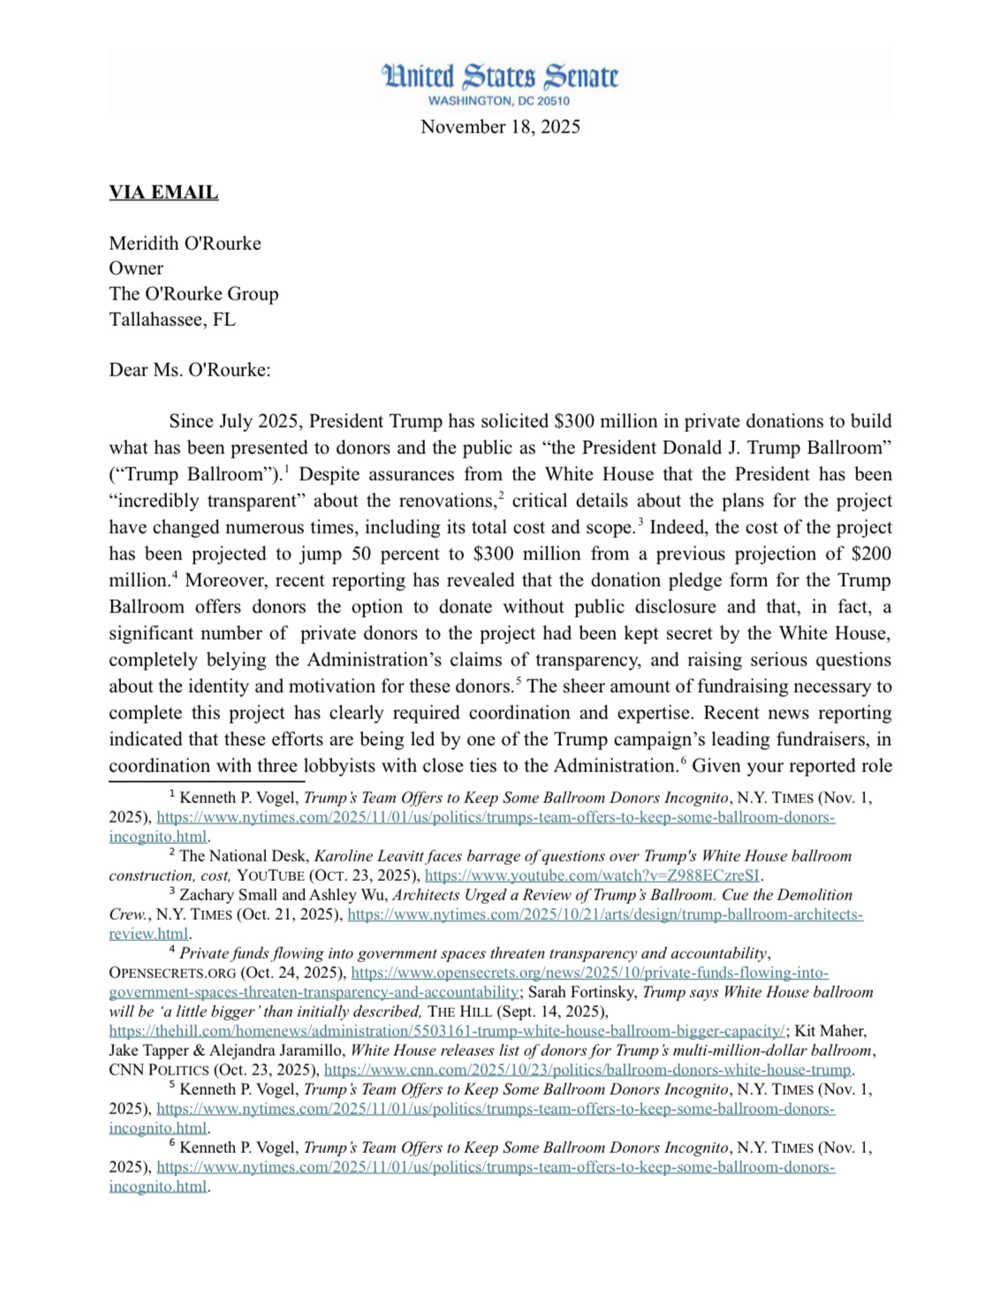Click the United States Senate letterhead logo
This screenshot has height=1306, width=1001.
coord(500,77)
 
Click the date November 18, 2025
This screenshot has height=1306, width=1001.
coord(500,126)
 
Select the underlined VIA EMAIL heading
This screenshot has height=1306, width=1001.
coord(163,193)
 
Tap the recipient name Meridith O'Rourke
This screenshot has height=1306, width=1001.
coord(185,243)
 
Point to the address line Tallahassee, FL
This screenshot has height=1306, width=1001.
coord(172,319)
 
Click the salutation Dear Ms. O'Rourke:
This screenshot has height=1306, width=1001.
coord(189,369)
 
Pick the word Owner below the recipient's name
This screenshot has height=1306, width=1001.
coord(136,269)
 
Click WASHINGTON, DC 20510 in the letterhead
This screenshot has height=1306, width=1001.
coord(499,101)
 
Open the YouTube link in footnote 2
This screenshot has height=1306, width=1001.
coord(592,876)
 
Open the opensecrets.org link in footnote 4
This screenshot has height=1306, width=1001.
coord(589,973)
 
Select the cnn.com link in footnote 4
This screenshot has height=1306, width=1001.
coord(588,1070)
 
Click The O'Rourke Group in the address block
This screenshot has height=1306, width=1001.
coord(193,294)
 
